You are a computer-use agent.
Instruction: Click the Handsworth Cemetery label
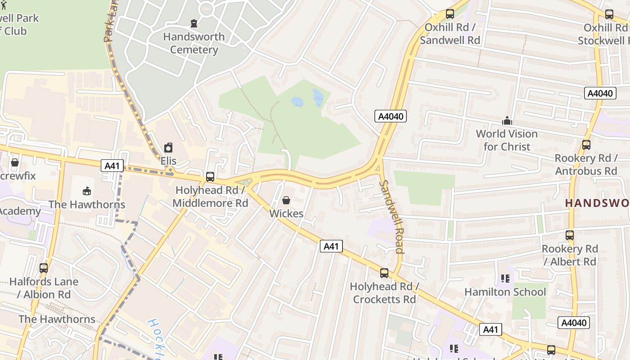pos(193,43)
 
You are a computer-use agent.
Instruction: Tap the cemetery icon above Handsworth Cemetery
pos(194,23)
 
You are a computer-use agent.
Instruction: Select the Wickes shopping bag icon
pos(286,200)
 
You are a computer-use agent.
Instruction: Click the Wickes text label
pos(286,213)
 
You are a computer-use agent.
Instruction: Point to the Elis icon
pos(168,148)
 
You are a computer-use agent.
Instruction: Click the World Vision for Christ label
pos(507,140)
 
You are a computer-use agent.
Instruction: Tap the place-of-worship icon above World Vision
pos(507,121)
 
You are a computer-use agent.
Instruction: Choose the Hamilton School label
pos(505,292)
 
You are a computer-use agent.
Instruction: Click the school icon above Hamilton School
pos(505,279)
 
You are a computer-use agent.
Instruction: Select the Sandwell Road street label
pos(391,216)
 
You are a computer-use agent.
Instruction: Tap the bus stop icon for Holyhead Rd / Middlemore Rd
pos(210,177)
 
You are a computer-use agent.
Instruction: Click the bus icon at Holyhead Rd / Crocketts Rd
pos(384,273)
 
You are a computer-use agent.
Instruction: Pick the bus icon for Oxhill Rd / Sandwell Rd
pos(450,14)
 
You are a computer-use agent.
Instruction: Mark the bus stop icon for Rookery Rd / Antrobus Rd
pos(586,145)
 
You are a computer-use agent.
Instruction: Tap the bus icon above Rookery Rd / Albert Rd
pos(570,235)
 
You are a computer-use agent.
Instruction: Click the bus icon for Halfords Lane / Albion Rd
pos(44,268)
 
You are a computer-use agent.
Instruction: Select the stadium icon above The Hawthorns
pos(87,191)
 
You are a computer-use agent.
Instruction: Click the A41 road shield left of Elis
pos(112,166)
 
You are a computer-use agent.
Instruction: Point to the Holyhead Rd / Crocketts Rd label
pos(384,293)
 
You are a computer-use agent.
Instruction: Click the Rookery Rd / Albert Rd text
pos(570,255)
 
